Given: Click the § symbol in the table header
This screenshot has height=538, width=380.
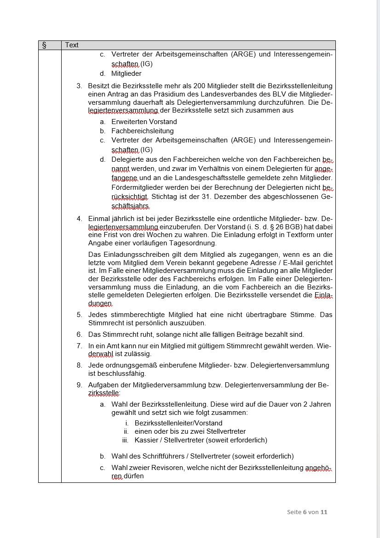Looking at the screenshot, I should pyautogui.click(x=44, y=45).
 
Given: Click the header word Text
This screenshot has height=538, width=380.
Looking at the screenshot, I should pyautogui.click(x=72, y=45).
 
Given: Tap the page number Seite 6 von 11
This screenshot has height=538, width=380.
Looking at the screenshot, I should pyautogui.click(x=307, y=512).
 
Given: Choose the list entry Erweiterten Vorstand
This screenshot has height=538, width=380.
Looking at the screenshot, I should pyautogui.click(x=144, y=122).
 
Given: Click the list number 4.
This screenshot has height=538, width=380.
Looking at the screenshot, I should pyautogui.click(x=79, y=218).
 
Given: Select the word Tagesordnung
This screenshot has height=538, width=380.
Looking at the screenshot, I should pyautogui.click(x=193, y=243).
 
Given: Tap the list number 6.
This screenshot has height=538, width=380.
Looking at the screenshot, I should pyautogui.click(x=79, y=334).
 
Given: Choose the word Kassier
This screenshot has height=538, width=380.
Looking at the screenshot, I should pyautogui.click(x=146, y=440).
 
